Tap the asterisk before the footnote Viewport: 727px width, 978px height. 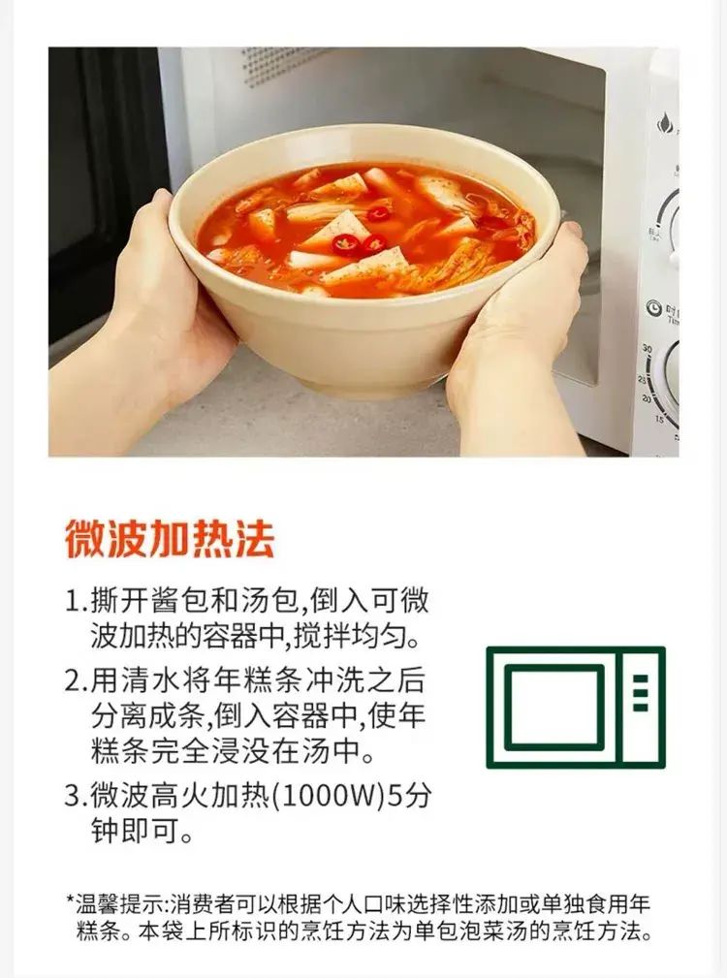tap(70, 899)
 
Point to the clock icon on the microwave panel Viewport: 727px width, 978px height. tap(652, 307)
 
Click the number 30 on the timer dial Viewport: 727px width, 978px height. tap(647, 349)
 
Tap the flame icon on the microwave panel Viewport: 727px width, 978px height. tap(665, 123)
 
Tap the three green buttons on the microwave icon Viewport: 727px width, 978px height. tap(641, 692)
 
